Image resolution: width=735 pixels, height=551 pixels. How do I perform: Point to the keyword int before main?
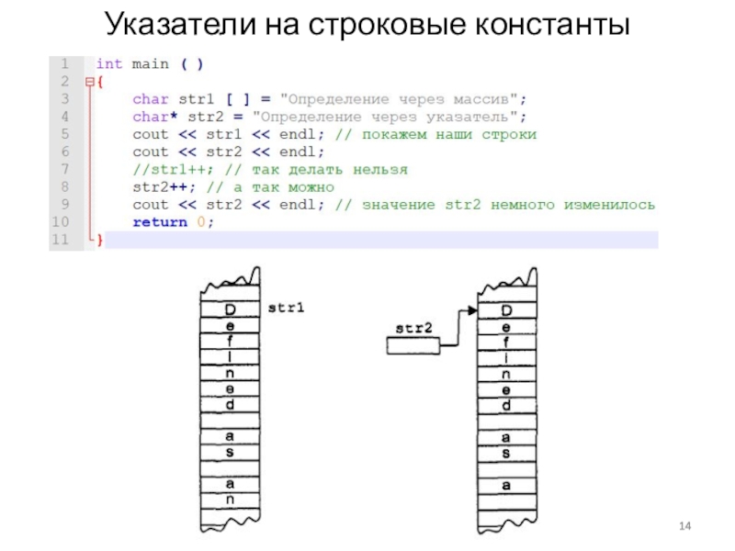108,64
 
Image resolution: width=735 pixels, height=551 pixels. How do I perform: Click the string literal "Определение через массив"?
403,99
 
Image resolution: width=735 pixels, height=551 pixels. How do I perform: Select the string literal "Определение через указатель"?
390,117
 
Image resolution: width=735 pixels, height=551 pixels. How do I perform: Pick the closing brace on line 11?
100,240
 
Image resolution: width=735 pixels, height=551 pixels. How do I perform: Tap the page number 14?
684,525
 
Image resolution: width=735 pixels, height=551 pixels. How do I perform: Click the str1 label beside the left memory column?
286,309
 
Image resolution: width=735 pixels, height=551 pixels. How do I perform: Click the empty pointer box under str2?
413,346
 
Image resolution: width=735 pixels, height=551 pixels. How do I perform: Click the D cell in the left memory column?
230,309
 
